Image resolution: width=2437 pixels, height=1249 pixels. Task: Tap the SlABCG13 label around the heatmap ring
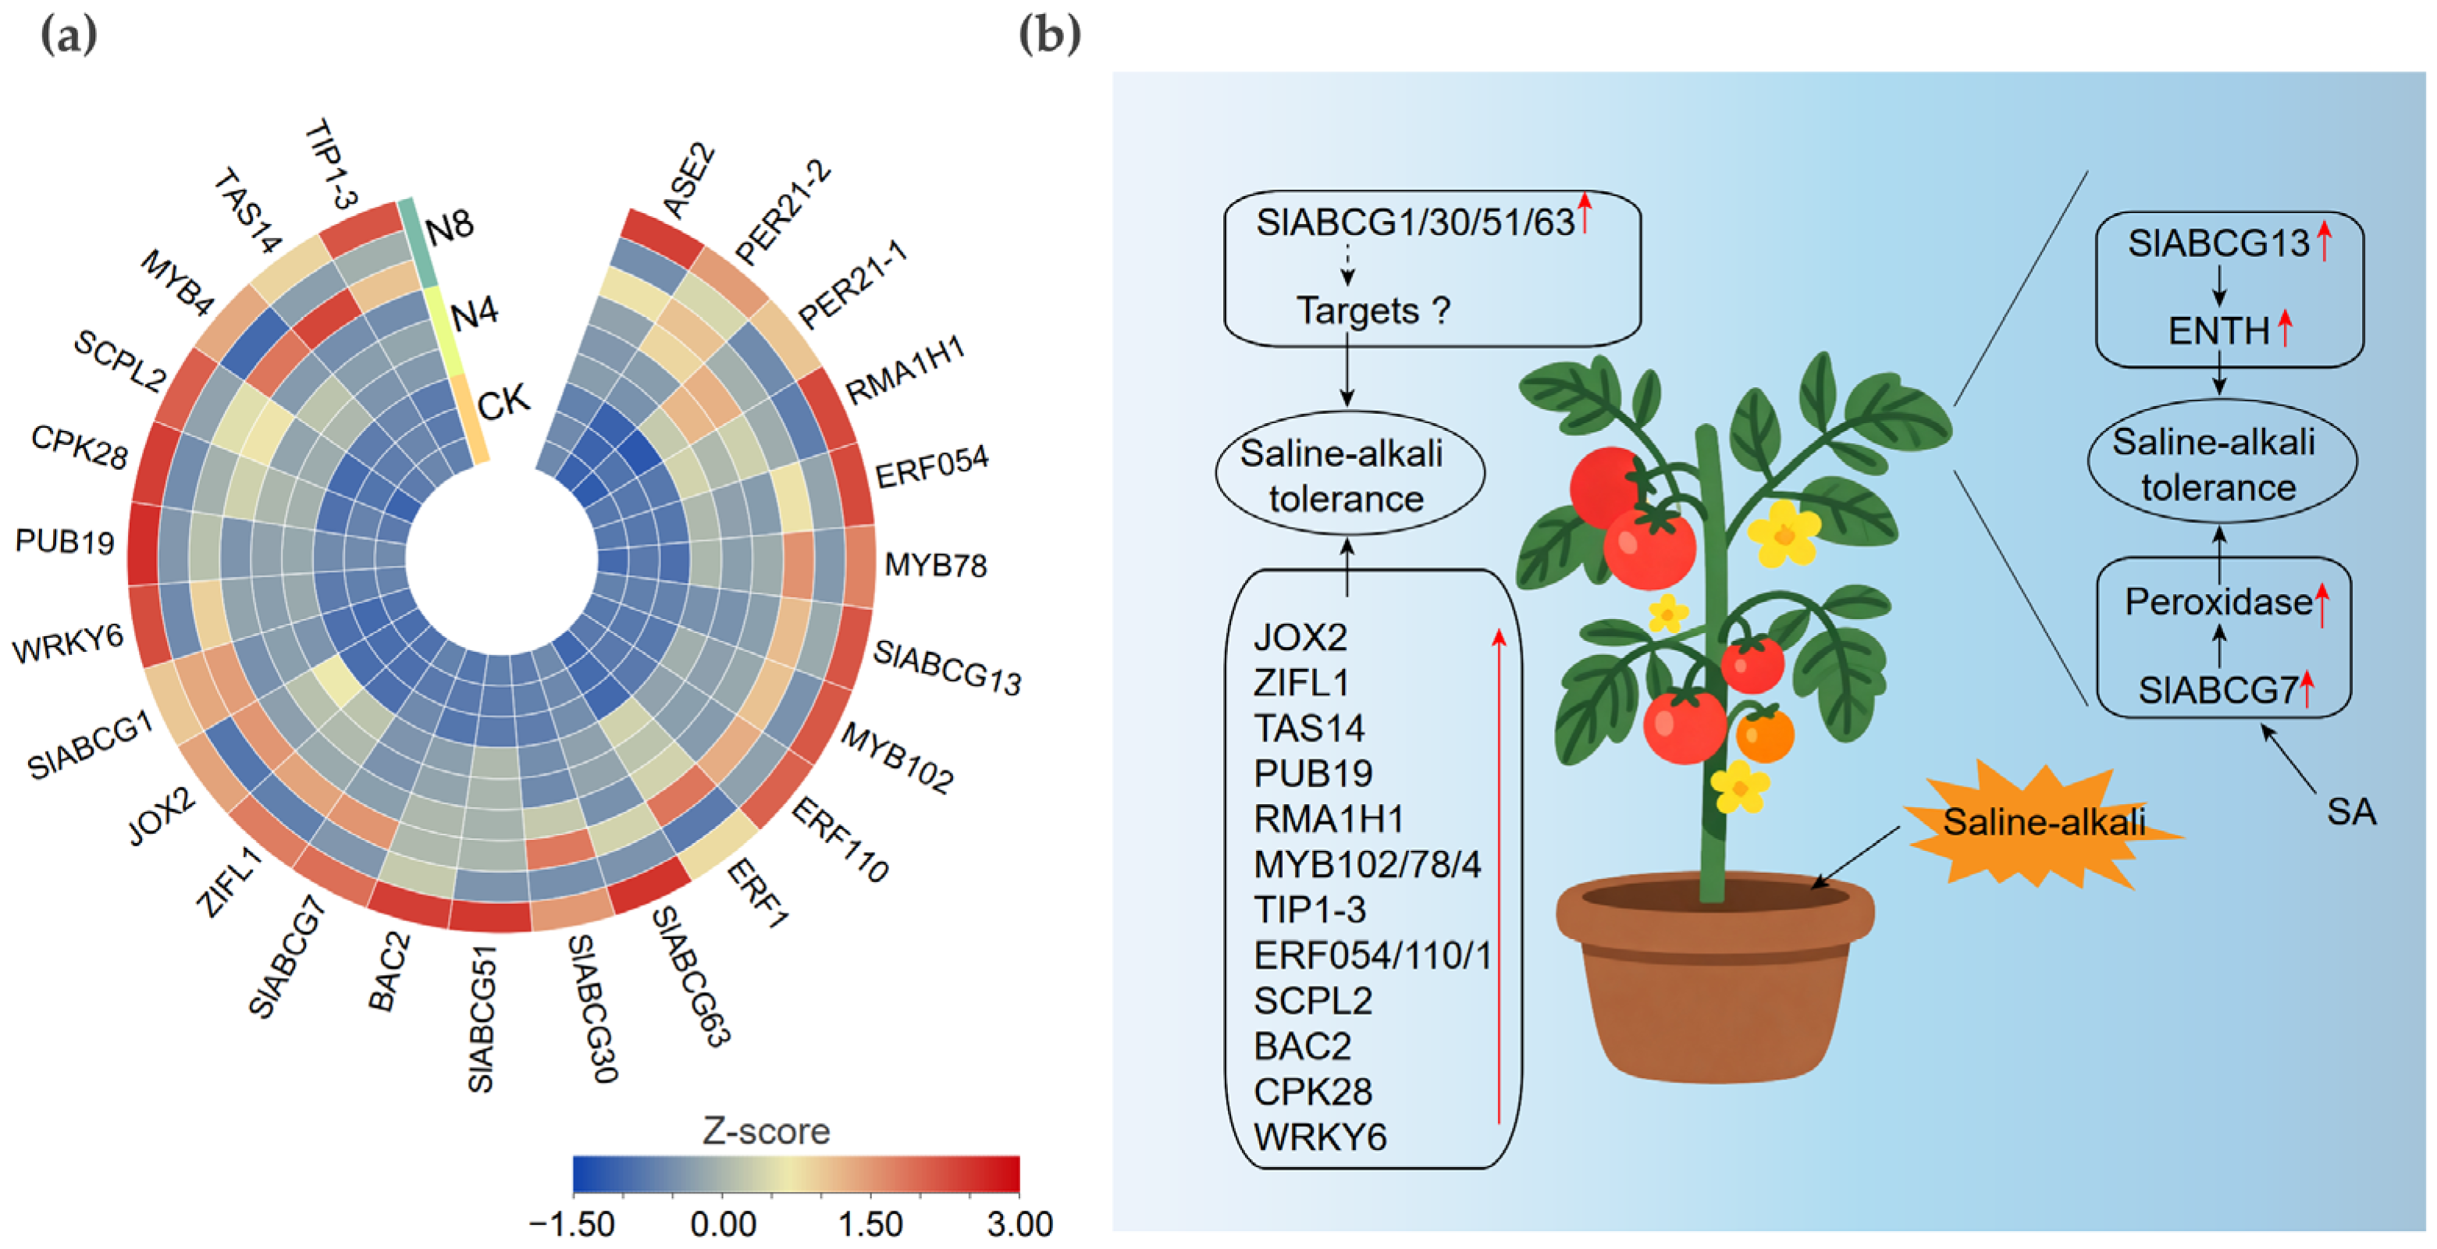coord(947,668)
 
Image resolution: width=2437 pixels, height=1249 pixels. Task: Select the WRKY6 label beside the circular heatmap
coord(68,644)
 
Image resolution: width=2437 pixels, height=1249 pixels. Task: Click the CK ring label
coord(503,402)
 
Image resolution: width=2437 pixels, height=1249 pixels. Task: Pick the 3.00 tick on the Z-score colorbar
coord(1019,1224)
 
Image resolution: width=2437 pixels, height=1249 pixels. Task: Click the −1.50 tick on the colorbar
coord(572,1224)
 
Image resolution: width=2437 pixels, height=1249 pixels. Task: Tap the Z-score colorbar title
coord(767,1130)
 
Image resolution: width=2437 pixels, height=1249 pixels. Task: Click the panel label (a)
coord(68,35)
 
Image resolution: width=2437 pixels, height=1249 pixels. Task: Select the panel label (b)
coord(1049,35)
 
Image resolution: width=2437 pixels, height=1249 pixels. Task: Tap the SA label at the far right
coord(2351,812)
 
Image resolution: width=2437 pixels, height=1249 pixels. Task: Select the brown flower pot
coord(1714,974)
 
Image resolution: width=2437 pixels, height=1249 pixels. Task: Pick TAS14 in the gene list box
coord(1309,728)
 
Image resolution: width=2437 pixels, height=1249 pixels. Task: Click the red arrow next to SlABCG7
coord(2307,688)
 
